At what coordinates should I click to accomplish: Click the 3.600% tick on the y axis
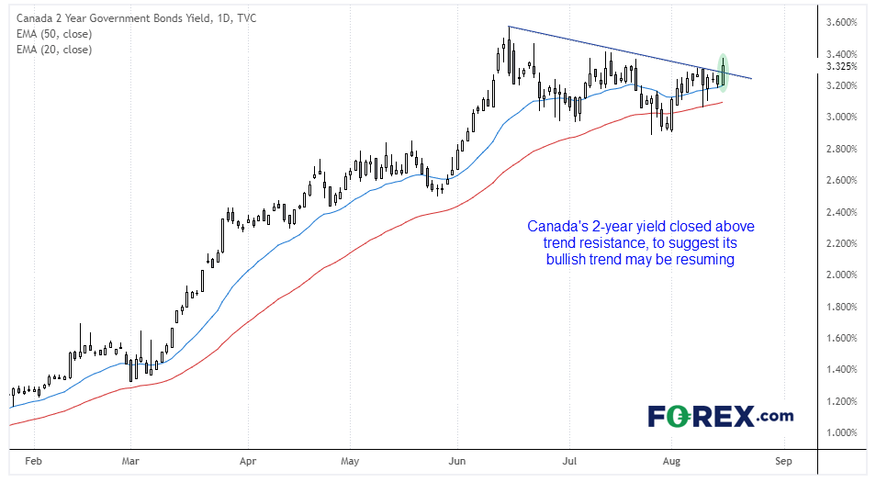click(x=841, y=22)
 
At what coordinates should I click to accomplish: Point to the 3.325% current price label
click(x=841, y=66)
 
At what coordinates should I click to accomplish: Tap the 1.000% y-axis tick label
click(x=841, y=432)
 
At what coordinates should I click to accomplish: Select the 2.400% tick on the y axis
click(x=841, y=212)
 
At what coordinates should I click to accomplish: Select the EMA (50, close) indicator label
click(x=54, y=34)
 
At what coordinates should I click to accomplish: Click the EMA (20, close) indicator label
click(x=54, y=50)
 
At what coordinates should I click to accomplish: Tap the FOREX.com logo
click(x=720, y=416)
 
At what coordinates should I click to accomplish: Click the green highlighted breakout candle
click(x=724, y=73)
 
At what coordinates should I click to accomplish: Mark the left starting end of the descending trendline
click(x=509, y=27)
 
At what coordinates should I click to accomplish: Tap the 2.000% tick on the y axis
click(x=841, y=275)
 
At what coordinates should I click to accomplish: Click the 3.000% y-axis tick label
click(x=841, y=117)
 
